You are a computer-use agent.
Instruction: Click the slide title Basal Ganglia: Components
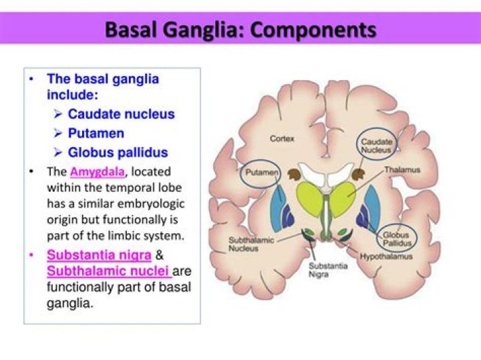coord(240,30)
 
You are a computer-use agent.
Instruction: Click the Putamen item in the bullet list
coord(96,133)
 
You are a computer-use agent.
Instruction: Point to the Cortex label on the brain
coord(283,139)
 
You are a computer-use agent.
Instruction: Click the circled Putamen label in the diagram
coord(257,172)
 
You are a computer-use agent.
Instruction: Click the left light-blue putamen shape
coord(277,207)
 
